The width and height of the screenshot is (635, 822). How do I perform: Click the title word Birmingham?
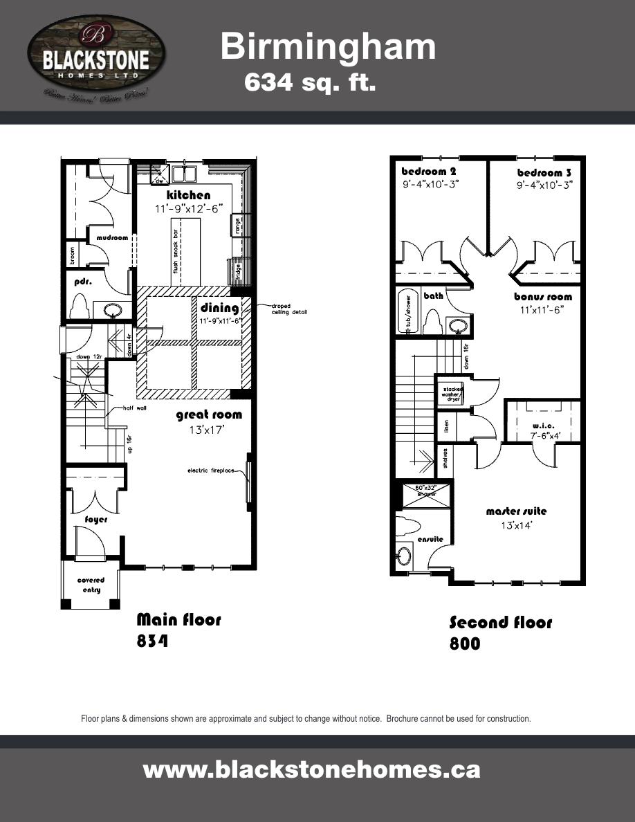328,47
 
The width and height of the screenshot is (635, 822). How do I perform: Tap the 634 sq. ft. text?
310,83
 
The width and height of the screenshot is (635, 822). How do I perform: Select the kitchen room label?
188,196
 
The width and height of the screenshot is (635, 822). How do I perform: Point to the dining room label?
219,308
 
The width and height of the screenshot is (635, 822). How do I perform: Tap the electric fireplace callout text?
212,471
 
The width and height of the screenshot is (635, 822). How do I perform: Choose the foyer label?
96,519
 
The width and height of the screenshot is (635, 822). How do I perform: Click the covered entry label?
91,585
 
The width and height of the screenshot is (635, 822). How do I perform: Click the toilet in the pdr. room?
80,306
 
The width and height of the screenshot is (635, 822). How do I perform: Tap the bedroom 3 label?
544,172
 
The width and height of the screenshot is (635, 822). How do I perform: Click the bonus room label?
543,297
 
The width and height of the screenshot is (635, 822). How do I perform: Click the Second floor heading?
501,622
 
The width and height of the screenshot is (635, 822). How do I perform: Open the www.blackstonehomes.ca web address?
311,769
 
